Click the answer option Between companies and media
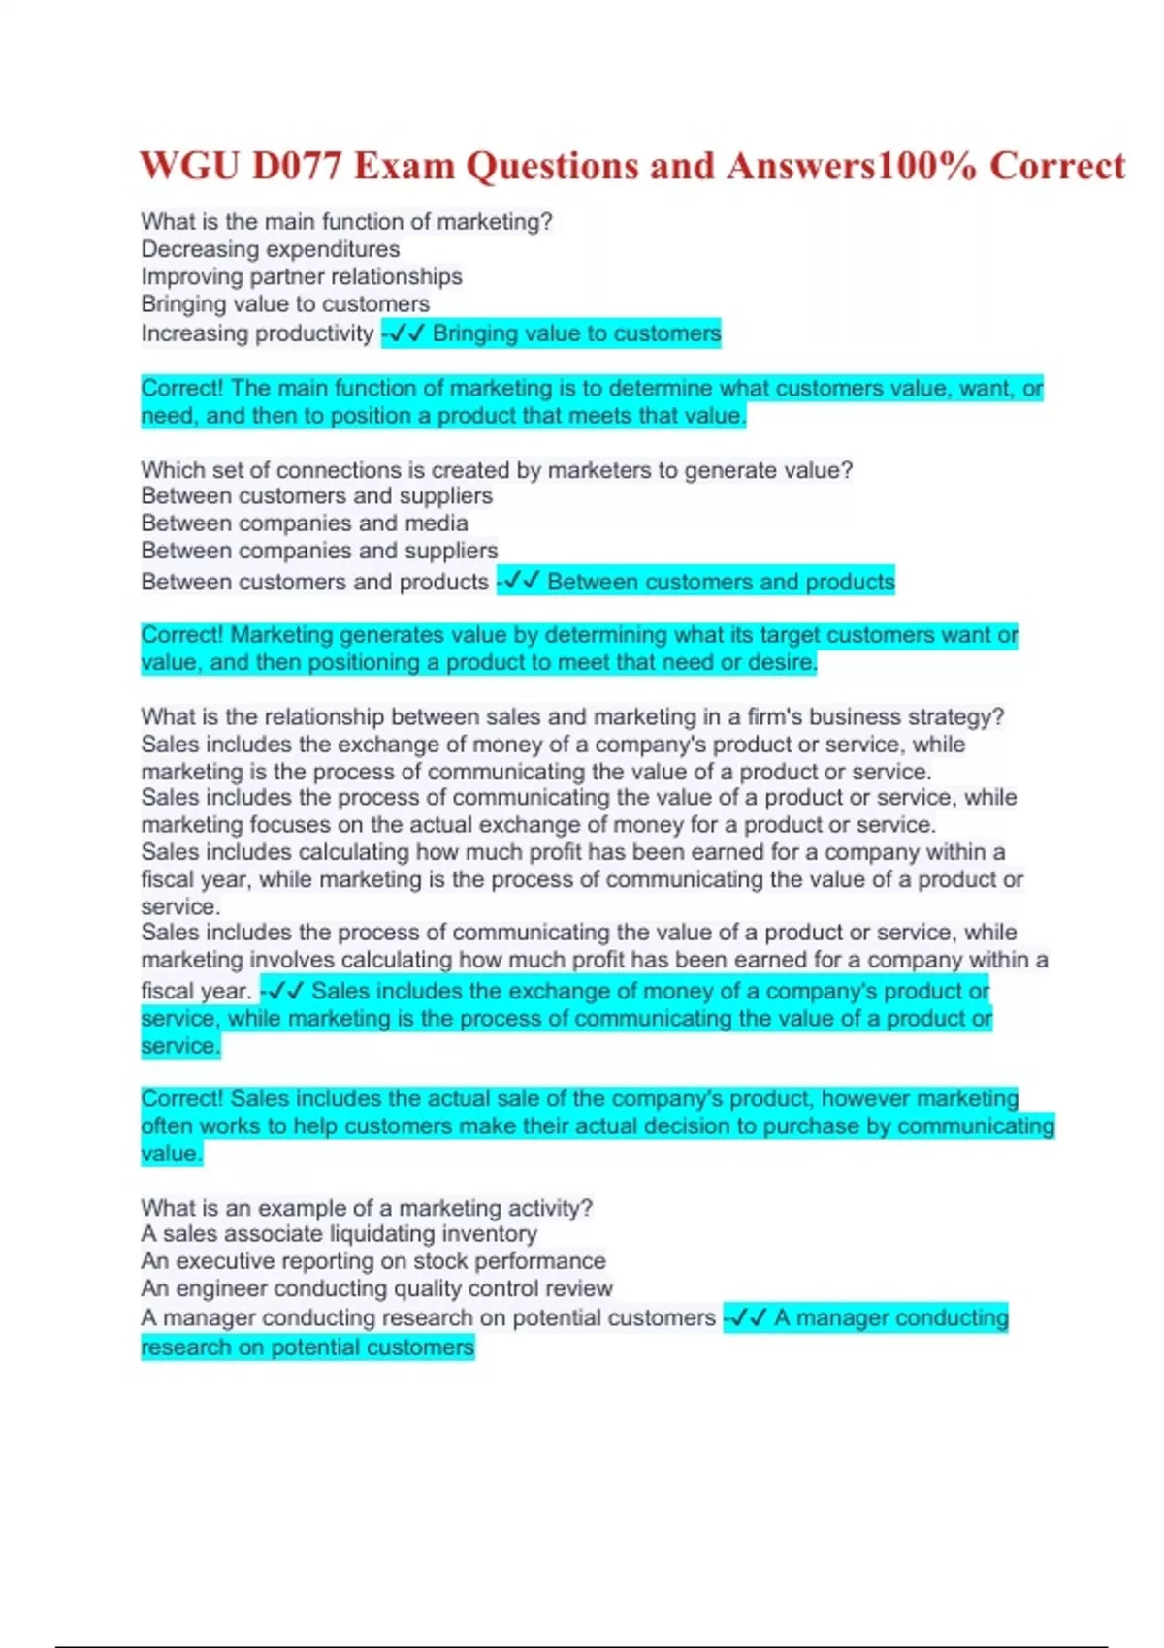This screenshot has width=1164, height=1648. [305, 523]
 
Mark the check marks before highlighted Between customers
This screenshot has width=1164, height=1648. [521, 582]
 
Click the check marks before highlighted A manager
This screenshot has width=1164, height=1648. [748, 1318]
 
